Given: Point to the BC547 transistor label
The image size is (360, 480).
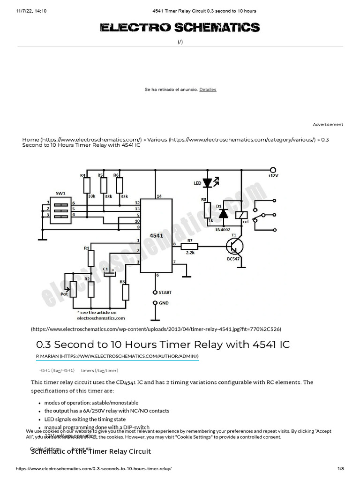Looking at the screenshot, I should pos(235,259).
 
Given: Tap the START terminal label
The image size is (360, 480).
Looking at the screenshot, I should pos(165,292).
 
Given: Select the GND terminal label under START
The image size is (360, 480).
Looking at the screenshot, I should pos(163,303).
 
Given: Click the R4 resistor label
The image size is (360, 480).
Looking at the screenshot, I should pos(83,175).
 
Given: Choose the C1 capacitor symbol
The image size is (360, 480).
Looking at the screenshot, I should pos(109,274).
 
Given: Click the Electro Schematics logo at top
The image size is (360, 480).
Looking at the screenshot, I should pos(180,28).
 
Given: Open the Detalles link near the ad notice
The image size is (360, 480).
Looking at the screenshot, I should pos(208,90).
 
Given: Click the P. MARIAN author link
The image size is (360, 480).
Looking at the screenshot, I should pos(118,357).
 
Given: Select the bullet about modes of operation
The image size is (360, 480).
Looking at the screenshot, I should pos(91,403).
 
